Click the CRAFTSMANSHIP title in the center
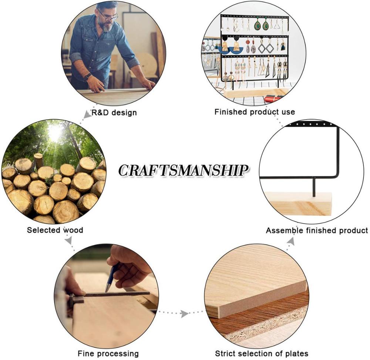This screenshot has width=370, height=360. click(x=183, y=170)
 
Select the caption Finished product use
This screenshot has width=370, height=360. click(x=255, y=111)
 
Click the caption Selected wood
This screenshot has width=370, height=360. click(x=55, y=230)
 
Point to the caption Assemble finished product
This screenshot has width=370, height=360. click(x=317, y=230)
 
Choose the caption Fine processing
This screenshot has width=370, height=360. click(x=108, y=353)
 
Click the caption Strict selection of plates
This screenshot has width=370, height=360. click(x=262, y=353)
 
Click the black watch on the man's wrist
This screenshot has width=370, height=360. click(x=87, y=77)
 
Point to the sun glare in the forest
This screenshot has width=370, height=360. click(x=55, y=132)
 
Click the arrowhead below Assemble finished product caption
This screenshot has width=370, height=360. click(x=290, y=242)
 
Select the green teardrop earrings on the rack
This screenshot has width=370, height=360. click(x=262, y=25)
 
